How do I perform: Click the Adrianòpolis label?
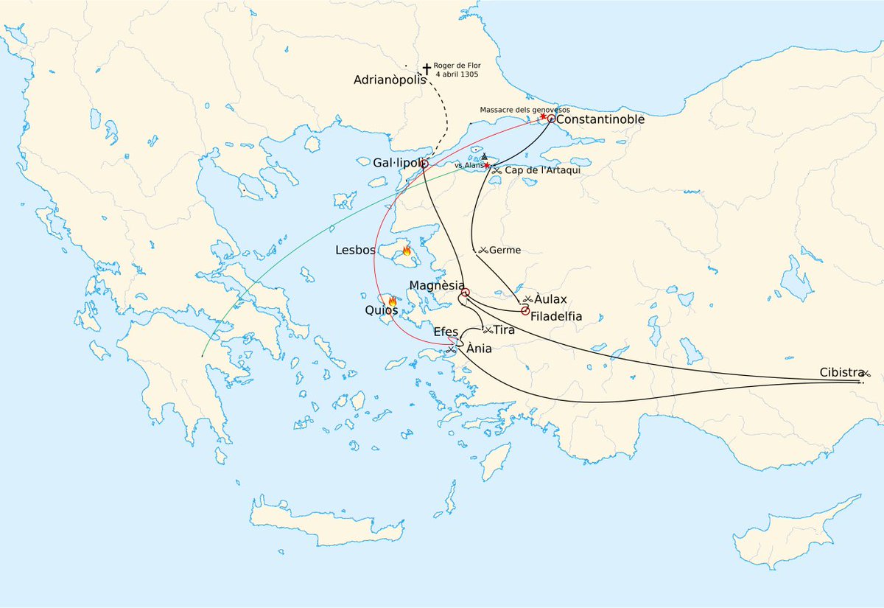coord(390,80)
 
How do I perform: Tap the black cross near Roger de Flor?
coord(427,69)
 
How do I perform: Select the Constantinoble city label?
coord(600,119)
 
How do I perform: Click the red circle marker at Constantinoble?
coord(551,119)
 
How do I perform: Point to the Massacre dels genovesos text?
coord(525,110)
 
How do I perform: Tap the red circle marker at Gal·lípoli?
coord(424,163)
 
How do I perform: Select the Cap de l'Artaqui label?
coord(537,170)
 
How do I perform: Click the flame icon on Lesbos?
coord(406,251)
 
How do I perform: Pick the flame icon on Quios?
coord(392,301)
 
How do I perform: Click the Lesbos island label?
coord(356,250)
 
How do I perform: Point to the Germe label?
coord(505,251)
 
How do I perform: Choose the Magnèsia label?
coord(437,285)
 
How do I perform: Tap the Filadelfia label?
coord(556,316)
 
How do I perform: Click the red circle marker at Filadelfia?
coord(525,311)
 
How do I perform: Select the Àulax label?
coord(550,299)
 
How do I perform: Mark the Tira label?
coord(504,330)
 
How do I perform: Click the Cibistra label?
coord(841,373)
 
